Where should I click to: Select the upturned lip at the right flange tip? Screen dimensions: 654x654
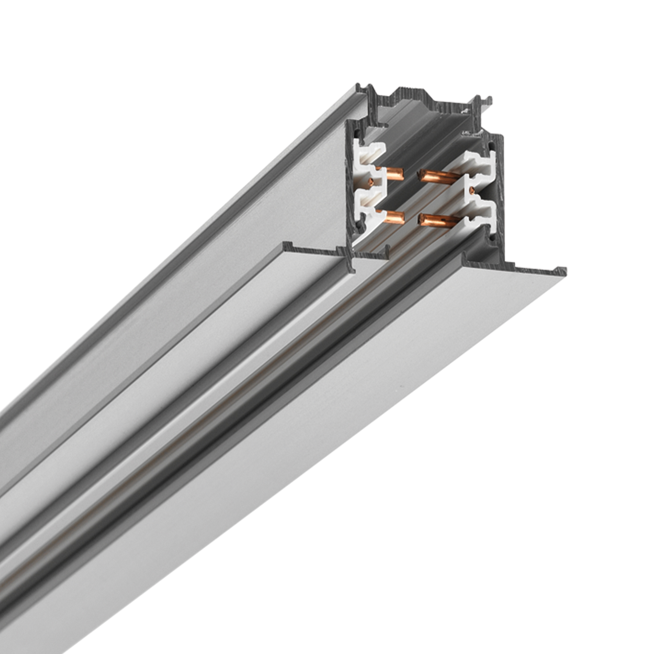tap(562, 271)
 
